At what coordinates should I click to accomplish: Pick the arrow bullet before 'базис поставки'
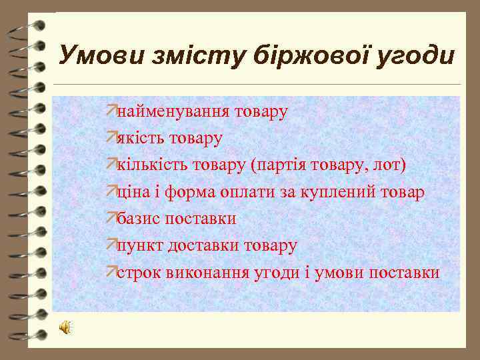point(111,217)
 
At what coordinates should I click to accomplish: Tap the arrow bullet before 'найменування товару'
point(111,110)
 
